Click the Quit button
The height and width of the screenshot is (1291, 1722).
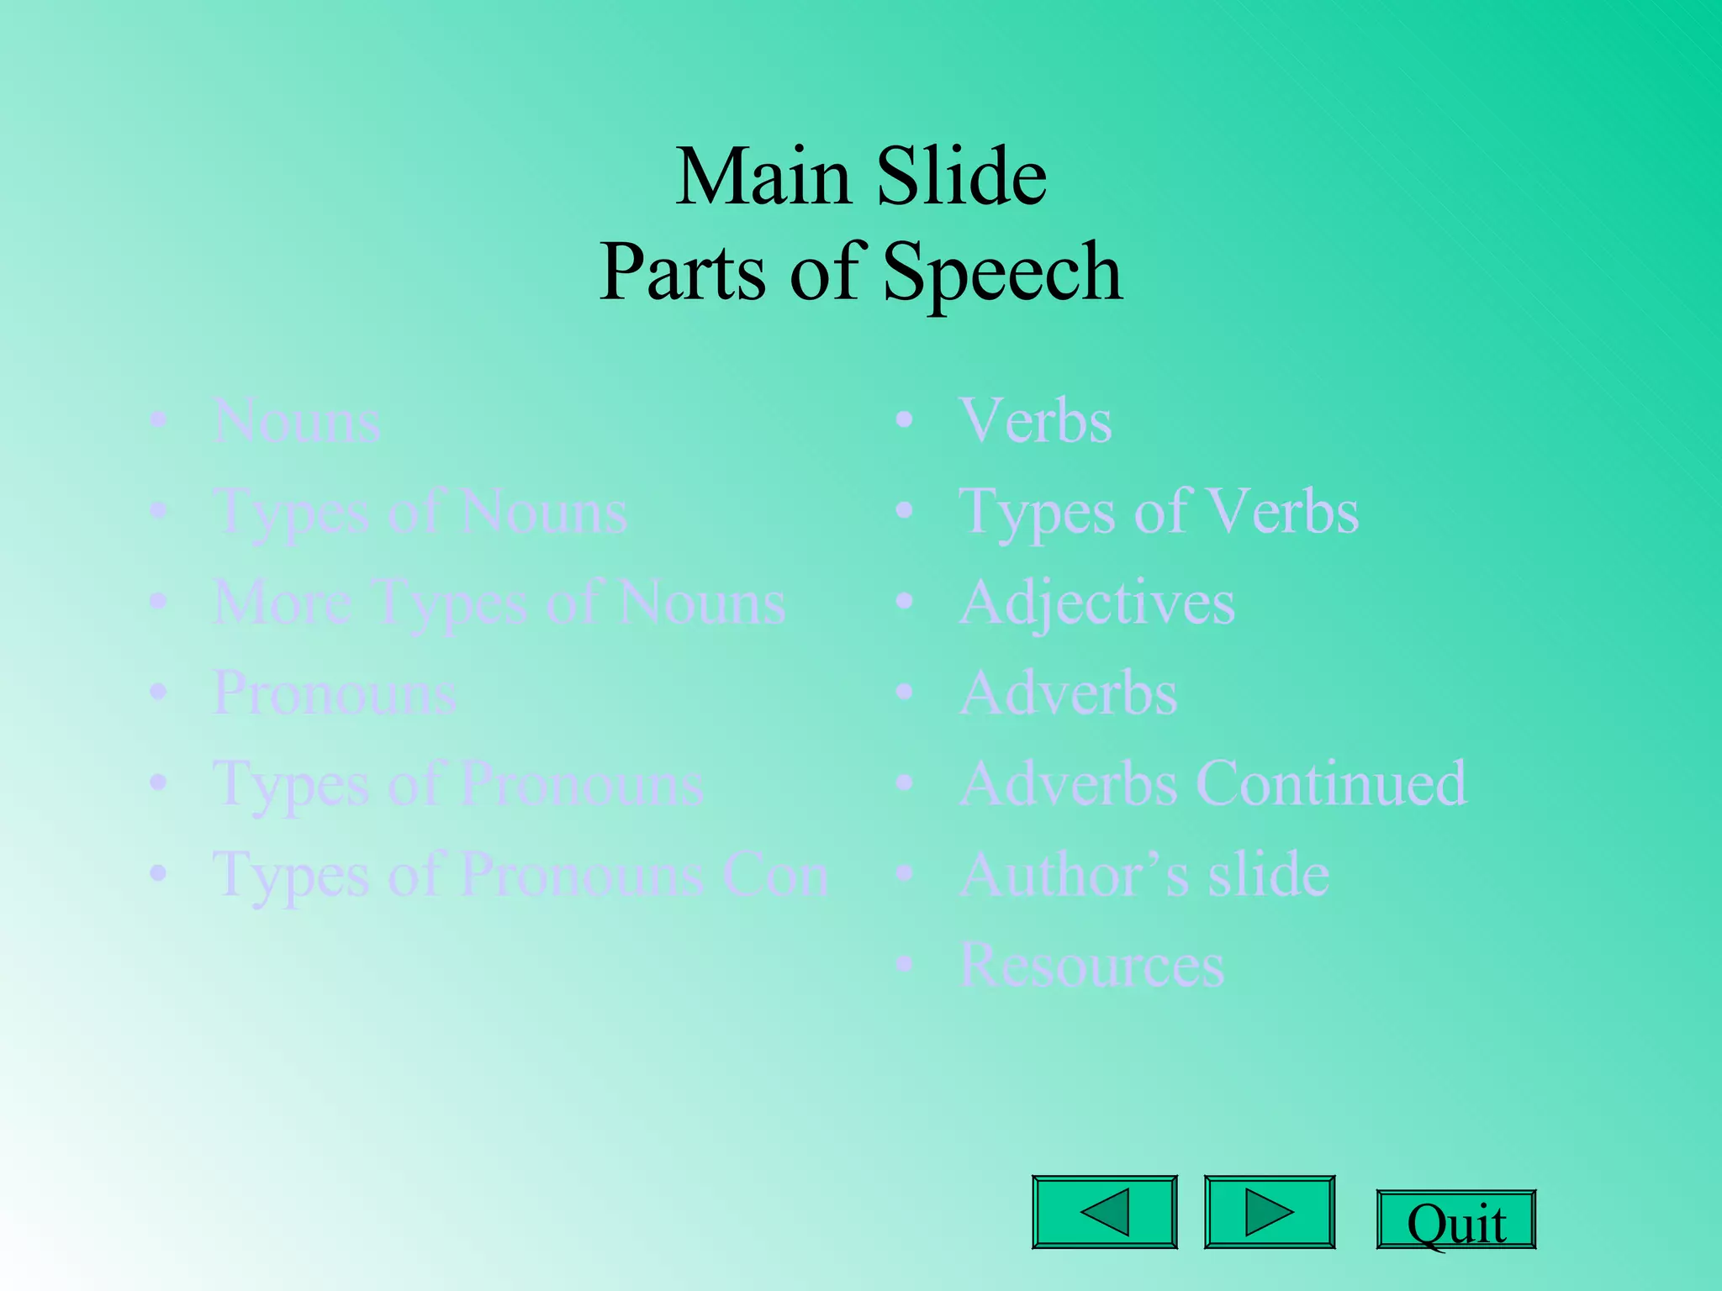[x=1455, y=1220]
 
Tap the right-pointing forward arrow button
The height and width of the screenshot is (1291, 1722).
[x=1269, y=1211]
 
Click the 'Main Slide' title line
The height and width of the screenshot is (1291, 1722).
[x=861, y=177]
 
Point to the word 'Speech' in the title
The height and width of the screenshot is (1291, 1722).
[x=1002, y=271]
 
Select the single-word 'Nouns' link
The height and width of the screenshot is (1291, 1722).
[x=297, y=421]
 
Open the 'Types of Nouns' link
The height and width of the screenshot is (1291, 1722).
[x=420, y=512]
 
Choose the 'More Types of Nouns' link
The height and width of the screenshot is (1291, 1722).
[x=499, y=603]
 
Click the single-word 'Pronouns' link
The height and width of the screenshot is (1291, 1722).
[x=335, y=693]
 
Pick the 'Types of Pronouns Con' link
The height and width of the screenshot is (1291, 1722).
[x=520, y=875]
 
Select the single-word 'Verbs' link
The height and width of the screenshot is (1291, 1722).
[x=1035, y=420]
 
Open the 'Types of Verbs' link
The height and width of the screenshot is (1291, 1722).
[x=1158, y=512]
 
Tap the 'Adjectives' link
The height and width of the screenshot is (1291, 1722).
[x=1096, y=603]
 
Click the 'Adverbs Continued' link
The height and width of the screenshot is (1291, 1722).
[x=1212, y=783]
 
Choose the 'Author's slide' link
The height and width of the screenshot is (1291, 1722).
[x=1144, y=875]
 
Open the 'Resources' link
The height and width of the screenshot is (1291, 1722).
[x=1091, y=965]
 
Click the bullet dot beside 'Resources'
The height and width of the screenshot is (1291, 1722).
[x=904, y=965]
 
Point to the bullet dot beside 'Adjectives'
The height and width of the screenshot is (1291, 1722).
[x=904, y=602]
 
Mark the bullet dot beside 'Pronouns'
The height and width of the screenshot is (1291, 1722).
[x=158, y=693]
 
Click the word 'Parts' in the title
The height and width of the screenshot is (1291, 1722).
[x=682, y=271]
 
